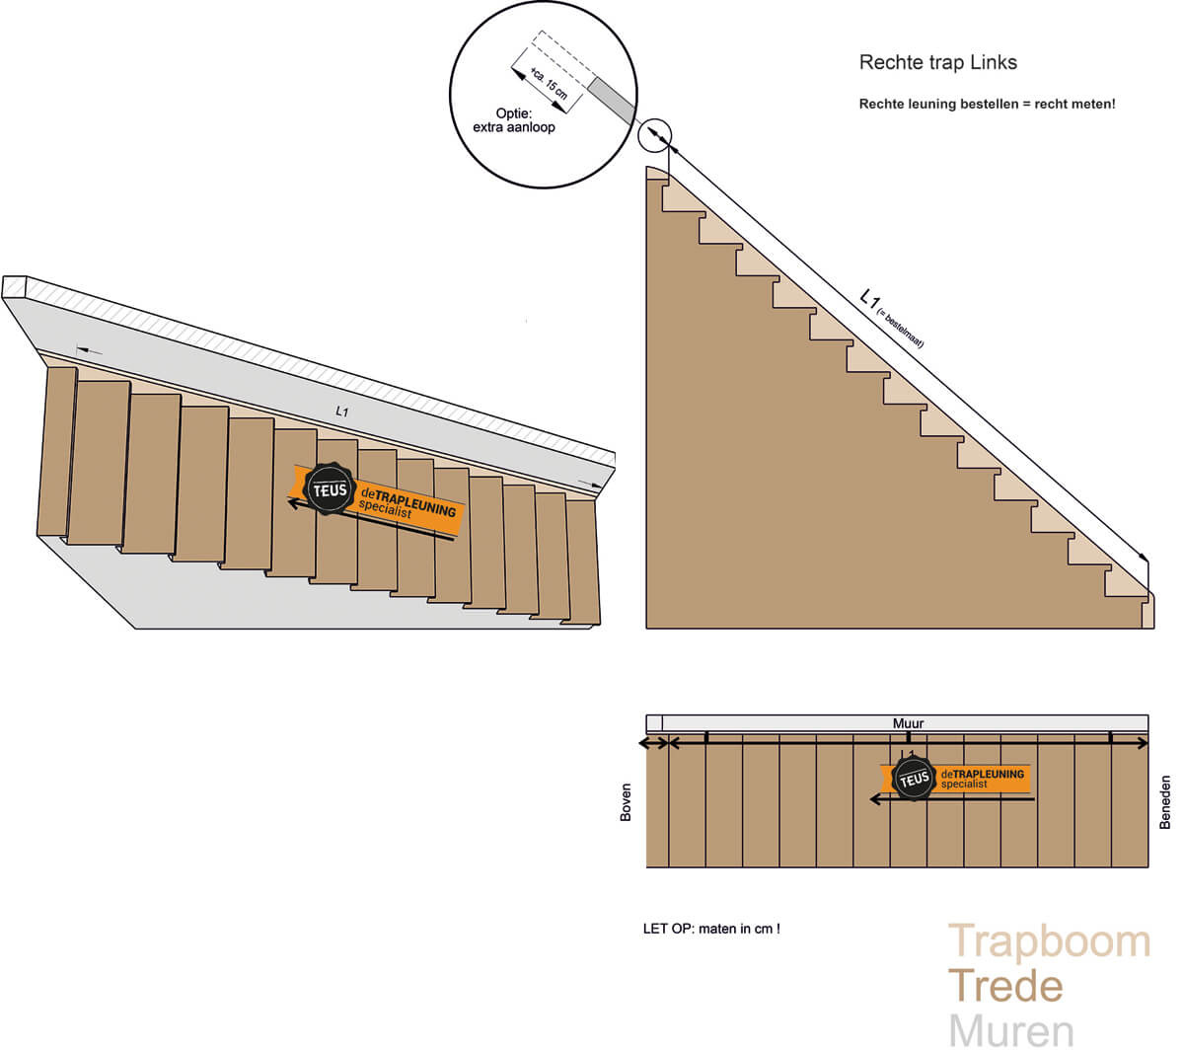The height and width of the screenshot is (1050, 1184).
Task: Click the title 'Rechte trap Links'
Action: tap(937, 62)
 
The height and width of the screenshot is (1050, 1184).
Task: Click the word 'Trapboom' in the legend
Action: tap(1049, 941)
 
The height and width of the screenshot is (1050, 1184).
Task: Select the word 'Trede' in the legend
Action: tap(1005, 986)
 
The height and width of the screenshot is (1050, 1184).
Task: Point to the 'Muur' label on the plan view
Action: tap(908, 723)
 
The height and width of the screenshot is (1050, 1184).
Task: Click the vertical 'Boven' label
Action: tap(626, 802)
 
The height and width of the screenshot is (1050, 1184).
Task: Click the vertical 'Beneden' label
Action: tap(1165, 801)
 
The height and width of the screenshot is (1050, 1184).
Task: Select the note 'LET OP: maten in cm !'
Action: tap(711, 929)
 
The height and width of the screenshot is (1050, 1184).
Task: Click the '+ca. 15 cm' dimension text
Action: tap(549, 80)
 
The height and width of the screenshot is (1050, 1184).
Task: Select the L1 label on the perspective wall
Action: tap(341, 412)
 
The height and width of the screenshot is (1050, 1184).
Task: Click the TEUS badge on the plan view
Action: tap(914, 779)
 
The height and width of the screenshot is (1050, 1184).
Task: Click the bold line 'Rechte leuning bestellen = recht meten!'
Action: tap(987, 104)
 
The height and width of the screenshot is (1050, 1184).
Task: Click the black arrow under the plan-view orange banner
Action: tap(952, 799)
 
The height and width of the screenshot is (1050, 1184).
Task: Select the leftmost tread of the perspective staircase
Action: tap(57, 451)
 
